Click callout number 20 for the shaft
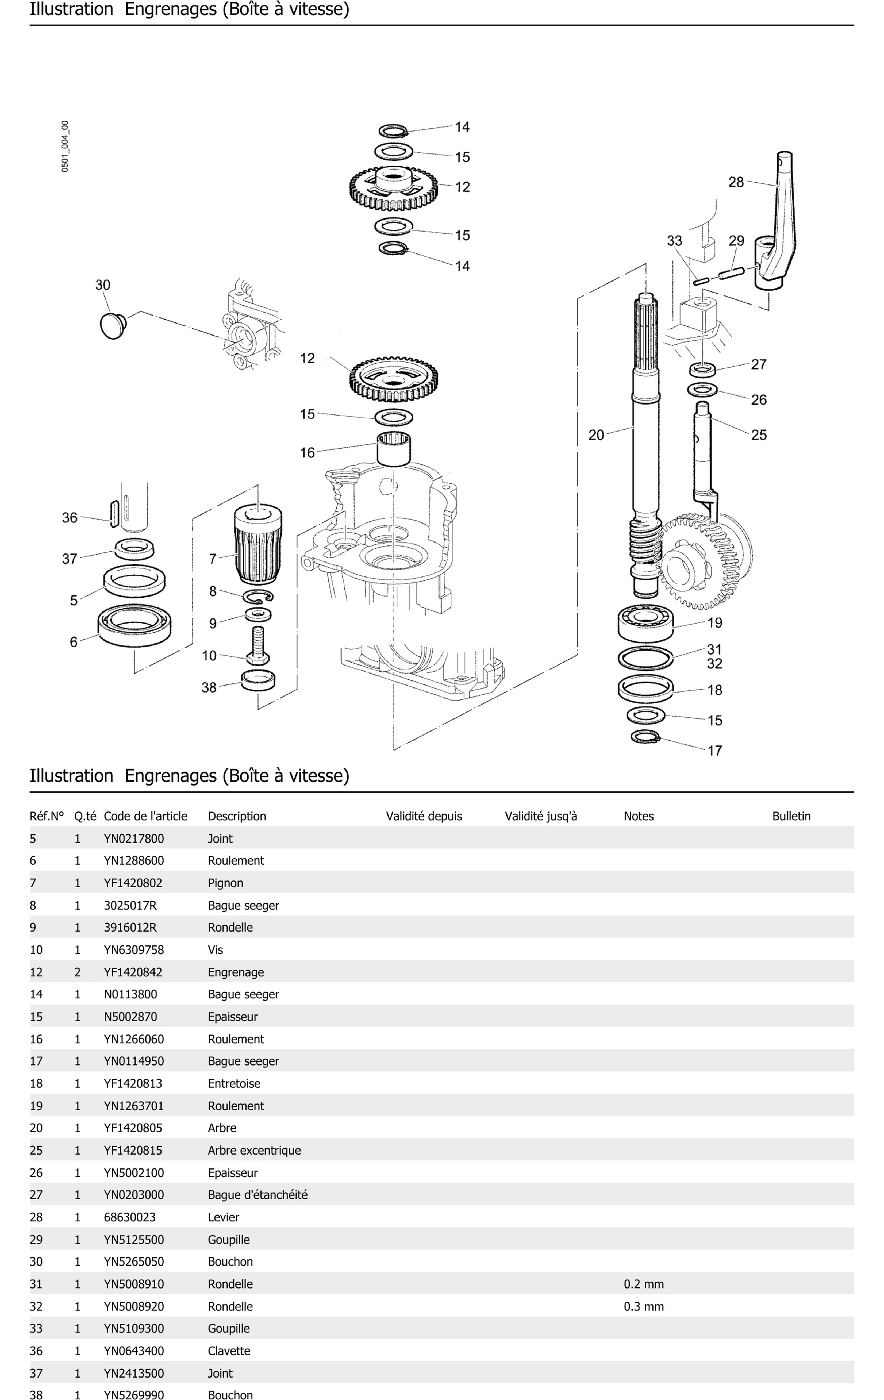[x=596, y=435]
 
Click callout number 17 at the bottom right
[x=714, y=751]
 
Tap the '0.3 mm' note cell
[x=643, y=1306]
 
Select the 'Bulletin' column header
[x=791, y=816]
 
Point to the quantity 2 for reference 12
[x=77, y=972]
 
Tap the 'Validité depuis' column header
[x=423, y=816]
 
